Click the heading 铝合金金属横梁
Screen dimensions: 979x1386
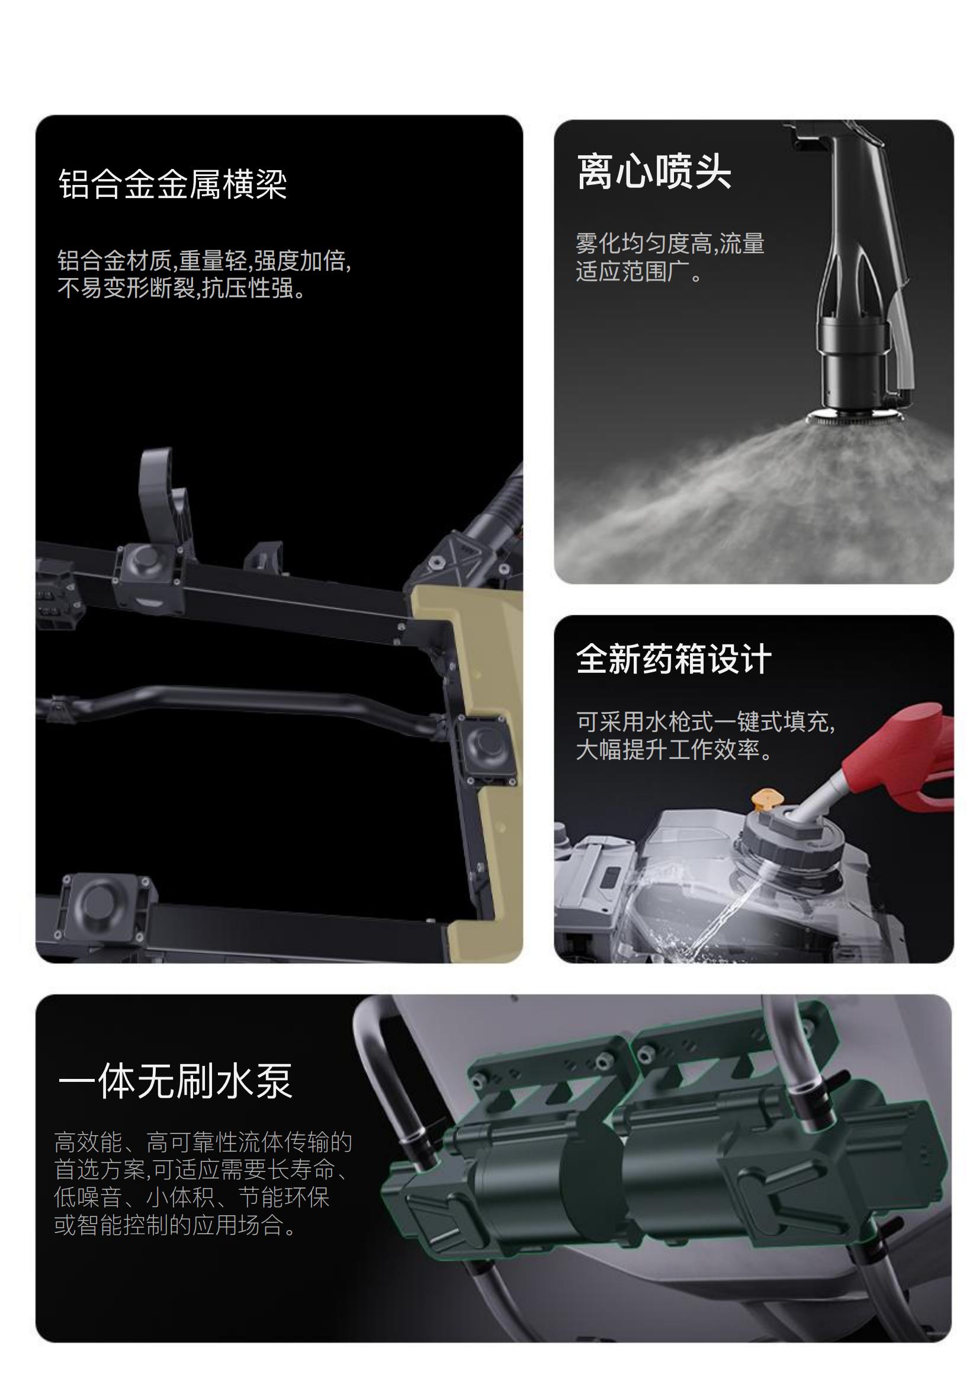(172, 184)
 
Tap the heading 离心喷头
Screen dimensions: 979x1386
(654, 171)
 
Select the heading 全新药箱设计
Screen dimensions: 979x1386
(674, 659)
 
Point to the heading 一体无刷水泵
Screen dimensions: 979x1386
(175, 1081)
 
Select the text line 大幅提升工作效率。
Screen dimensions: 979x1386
(675, 750)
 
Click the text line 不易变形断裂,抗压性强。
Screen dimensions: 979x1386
(182, 288)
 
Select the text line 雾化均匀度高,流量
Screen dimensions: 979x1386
(670, 244)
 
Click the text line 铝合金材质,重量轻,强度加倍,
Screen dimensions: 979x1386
(204, 261)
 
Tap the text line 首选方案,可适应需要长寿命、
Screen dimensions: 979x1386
(202, 1169)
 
